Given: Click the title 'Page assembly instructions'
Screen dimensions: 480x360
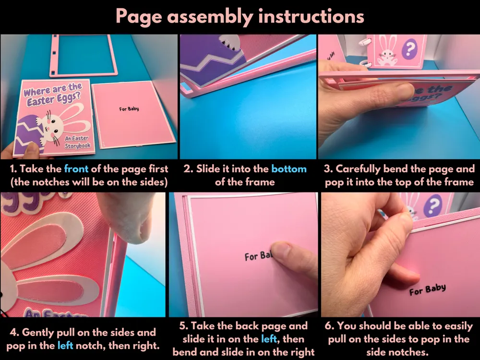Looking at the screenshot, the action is click(240, 16).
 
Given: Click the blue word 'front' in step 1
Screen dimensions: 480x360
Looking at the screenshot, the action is click(76, 168).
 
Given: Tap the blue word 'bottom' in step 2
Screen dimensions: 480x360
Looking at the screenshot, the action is click(288, 168).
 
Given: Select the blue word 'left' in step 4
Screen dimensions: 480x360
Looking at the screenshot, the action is click(65, 346).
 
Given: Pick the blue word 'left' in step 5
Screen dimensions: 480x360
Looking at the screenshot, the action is click(269, 339).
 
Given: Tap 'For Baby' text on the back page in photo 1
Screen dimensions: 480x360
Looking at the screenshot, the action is click(129, 108).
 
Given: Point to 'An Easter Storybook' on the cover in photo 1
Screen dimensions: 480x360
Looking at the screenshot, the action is click(77, 142).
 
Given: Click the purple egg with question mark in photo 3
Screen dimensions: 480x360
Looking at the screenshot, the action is click(409, 49).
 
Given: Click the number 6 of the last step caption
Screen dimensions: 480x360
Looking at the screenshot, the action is click(328, 326).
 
